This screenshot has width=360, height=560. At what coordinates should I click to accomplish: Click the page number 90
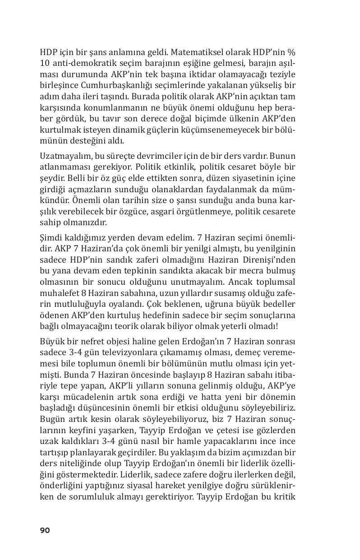(45, 530)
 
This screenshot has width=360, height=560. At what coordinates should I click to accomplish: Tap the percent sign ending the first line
(292, 52)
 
